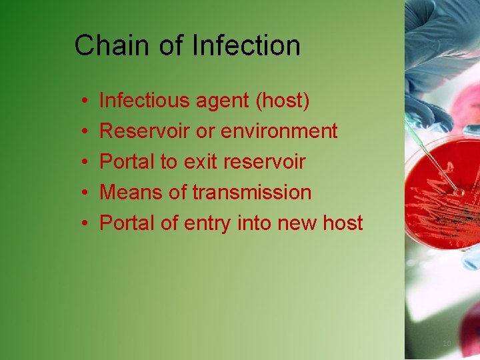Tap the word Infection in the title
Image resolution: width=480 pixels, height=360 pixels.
(246, 46)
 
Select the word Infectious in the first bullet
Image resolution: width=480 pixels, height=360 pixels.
(145, 101)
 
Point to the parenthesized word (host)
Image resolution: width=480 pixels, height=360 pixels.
(283, 101)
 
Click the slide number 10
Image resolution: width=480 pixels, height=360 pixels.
(447, 343)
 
